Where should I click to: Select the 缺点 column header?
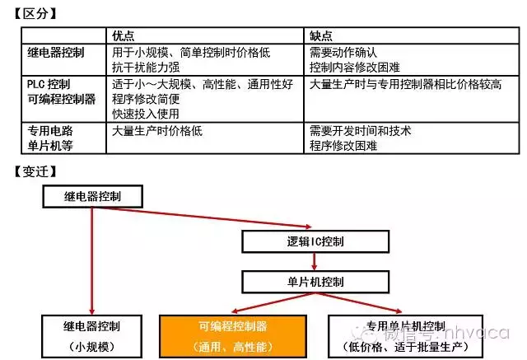click(322, 36)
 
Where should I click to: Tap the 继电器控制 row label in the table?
click(56, 52)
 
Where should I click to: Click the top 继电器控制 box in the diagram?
click(92, 196)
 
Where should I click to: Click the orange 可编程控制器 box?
click(233, 334)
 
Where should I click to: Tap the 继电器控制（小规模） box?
click(92, 334)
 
